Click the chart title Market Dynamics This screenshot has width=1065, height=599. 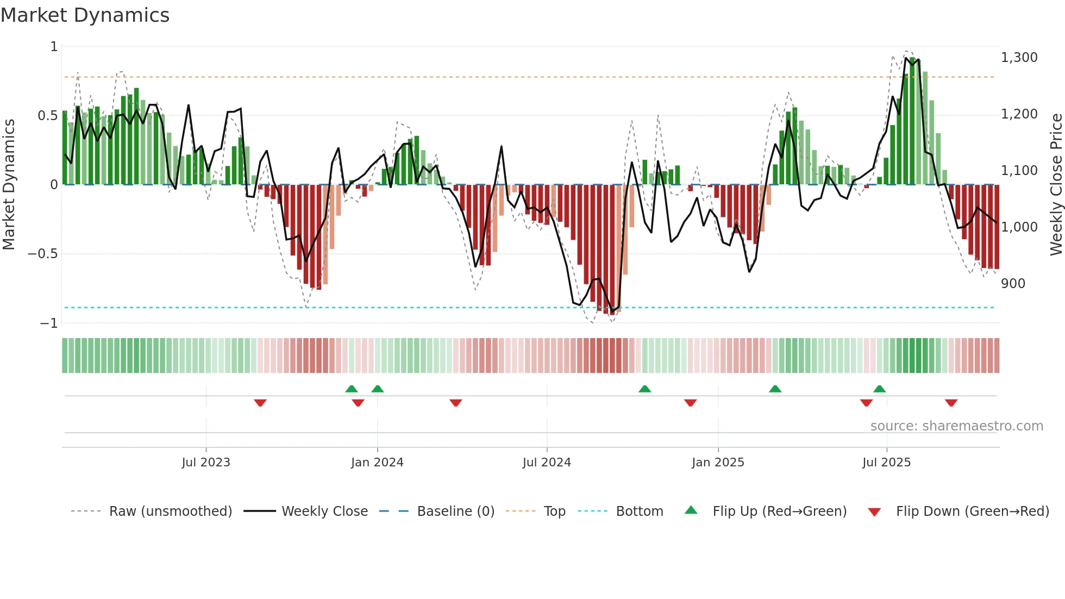click(x=85, y=15)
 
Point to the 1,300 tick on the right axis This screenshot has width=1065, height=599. click(x=1019, y=58)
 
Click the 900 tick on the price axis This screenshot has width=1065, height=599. click(x=1013, y=284)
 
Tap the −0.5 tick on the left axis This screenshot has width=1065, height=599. click(x=43, y=254)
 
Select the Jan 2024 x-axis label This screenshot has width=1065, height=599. click(x=377, y=463)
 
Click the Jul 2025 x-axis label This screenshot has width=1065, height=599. click(x=886, y=463)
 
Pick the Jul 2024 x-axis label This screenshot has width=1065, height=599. click(x=547, y=463)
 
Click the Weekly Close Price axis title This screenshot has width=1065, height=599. click(x=1056, y=185)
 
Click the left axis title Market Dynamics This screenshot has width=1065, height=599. click(x=9, y=185)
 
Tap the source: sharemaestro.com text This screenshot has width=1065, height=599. click(x=956, y=426)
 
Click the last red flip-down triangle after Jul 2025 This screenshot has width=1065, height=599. click(x=951, y=403)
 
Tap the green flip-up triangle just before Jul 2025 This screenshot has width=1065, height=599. click(x=879, y=389)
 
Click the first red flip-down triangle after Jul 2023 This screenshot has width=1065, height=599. click(x=260, y=403)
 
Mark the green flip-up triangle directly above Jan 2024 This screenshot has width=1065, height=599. click(x=378, y=389)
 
